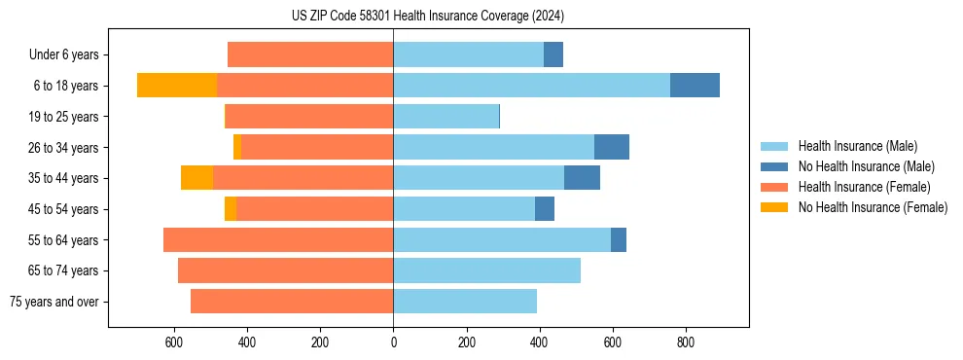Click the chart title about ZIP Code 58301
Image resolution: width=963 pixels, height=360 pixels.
[x=427, y=16]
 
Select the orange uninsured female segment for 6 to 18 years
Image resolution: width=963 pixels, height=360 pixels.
[x=176, y=86]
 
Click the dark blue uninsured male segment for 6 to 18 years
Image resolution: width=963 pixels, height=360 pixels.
[x=695, y=86]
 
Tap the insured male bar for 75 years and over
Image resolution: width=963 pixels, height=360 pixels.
[x=465, y=302]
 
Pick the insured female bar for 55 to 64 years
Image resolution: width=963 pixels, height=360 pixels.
[x=278, y=240]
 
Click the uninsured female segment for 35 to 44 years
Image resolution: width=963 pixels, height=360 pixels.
[x=196, y=178]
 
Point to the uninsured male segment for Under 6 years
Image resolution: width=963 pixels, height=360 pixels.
[x=553, y=54]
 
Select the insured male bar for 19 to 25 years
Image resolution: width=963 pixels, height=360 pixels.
[x=446, y=117]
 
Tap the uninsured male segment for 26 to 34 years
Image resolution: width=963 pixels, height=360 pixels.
[x=612, y=147]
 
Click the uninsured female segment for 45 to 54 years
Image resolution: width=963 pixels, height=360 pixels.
[x=231, y=209]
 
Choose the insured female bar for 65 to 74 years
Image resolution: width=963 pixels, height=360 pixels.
[x=285, y=270]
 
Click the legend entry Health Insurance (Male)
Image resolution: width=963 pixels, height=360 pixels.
[x=856, y=146]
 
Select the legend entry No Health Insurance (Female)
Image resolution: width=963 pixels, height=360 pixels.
[x=872, y=207]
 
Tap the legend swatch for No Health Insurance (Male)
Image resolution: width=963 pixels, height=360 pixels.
[x=774, y=166]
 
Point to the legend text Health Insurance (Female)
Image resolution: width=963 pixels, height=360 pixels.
[x=864, y=187]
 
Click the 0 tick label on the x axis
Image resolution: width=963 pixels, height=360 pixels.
[x=393, y=342]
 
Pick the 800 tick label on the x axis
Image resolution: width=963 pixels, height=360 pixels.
[x=685, y=342]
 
